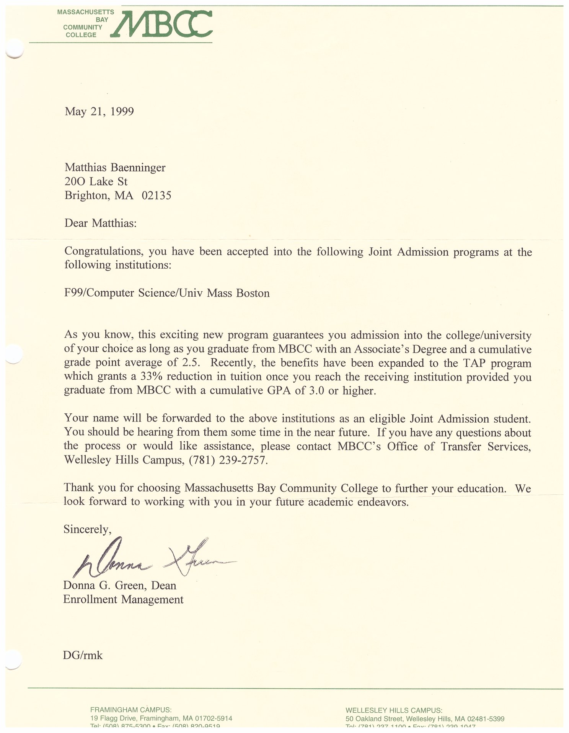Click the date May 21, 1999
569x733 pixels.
99,111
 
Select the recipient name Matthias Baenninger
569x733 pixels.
115,167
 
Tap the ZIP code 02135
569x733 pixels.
157,196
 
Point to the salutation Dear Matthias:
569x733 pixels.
100,223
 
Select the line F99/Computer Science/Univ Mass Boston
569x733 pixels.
167,293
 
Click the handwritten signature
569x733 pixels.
153,559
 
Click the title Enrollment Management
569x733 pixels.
123,599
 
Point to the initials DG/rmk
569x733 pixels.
83,655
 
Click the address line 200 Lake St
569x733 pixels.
96,181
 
